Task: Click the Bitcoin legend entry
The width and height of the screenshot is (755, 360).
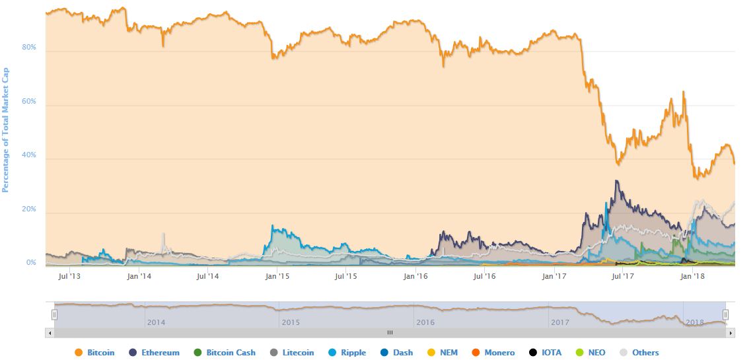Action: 95,353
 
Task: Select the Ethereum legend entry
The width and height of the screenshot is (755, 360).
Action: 154,353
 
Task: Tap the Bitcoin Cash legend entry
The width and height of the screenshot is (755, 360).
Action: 225,353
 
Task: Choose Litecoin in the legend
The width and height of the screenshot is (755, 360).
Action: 291,353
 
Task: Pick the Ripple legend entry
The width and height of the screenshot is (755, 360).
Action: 347,353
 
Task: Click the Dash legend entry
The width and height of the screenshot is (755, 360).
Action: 397,353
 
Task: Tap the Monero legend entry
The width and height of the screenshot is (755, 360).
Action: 493,353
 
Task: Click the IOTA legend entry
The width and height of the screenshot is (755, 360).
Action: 545,353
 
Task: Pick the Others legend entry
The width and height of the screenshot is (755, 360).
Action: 639,353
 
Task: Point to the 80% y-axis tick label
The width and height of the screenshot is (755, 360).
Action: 29,47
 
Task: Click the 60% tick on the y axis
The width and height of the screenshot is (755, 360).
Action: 29,101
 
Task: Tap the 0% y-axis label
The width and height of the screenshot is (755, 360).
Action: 31,263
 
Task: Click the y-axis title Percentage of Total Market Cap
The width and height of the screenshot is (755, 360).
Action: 6,130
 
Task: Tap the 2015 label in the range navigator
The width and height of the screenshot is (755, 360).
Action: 291,322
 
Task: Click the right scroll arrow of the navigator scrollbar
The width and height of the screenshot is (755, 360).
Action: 731,332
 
